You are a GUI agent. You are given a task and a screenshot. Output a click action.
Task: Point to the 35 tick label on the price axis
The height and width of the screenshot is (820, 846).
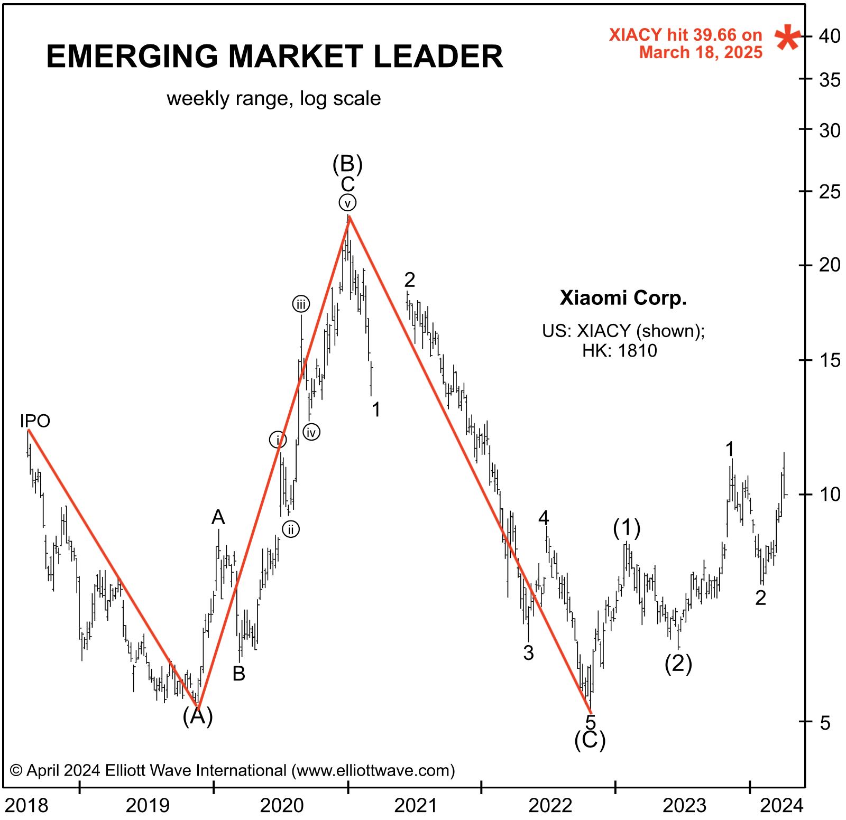(829, 80)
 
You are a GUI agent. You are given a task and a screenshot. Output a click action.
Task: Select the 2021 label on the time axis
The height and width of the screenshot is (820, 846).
(416, 806)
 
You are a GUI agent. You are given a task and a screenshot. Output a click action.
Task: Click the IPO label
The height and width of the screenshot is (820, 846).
(35, 421)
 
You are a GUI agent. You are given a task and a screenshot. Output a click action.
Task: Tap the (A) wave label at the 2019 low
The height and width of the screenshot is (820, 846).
(198, 716)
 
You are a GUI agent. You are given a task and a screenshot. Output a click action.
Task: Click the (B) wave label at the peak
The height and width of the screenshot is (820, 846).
(347, 164)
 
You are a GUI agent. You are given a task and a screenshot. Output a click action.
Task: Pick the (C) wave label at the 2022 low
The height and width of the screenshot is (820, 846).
(590, 740)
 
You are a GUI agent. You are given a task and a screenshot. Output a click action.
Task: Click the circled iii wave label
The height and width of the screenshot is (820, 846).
(301, 304)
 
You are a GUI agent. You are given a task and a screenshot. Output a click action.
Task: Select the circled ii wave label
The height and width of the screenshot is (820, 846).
(291, 529)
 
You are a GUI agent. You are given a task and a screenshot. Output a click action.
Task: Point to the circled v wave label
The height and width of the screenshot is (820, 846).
(347, 203)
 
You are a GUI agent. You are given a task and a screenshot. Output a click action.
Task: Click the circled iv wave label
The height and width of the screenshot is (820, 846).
(311, 433)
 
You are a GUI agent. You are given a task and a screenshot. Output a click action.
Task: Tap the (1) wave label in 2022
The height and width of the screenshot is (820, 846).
(627, 527)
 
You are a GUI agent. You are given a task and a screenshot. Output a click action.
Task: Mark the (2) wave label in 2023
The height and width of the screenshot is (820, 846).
(678, 663)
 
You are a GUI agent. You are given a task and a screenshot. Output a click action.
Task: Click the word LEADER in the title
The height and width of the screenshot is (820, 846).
(438, 57)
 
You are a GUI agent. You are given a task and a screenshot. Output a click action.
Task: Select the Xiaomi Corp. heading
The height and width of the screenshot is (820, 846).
(623, 298)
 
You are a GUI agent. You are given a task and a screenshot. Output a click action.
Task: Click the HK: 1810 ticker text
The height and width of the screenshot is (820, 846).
(620, 351)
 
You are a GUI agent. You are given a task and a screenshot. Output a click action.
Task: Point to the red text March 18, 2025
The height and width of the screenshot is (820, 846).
(701, 53)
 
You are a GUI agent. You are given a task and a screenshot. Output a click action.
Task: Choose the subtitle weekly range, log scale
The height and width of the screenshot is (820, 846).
(273, 99)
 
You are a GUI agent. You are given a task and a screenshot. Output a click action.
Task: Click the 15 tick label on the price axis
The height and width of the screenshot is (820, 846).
(829, 360)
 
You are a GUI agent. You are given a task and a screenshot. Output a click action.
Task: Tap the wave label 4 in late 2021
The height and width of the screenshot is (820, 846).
(544, 518)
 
